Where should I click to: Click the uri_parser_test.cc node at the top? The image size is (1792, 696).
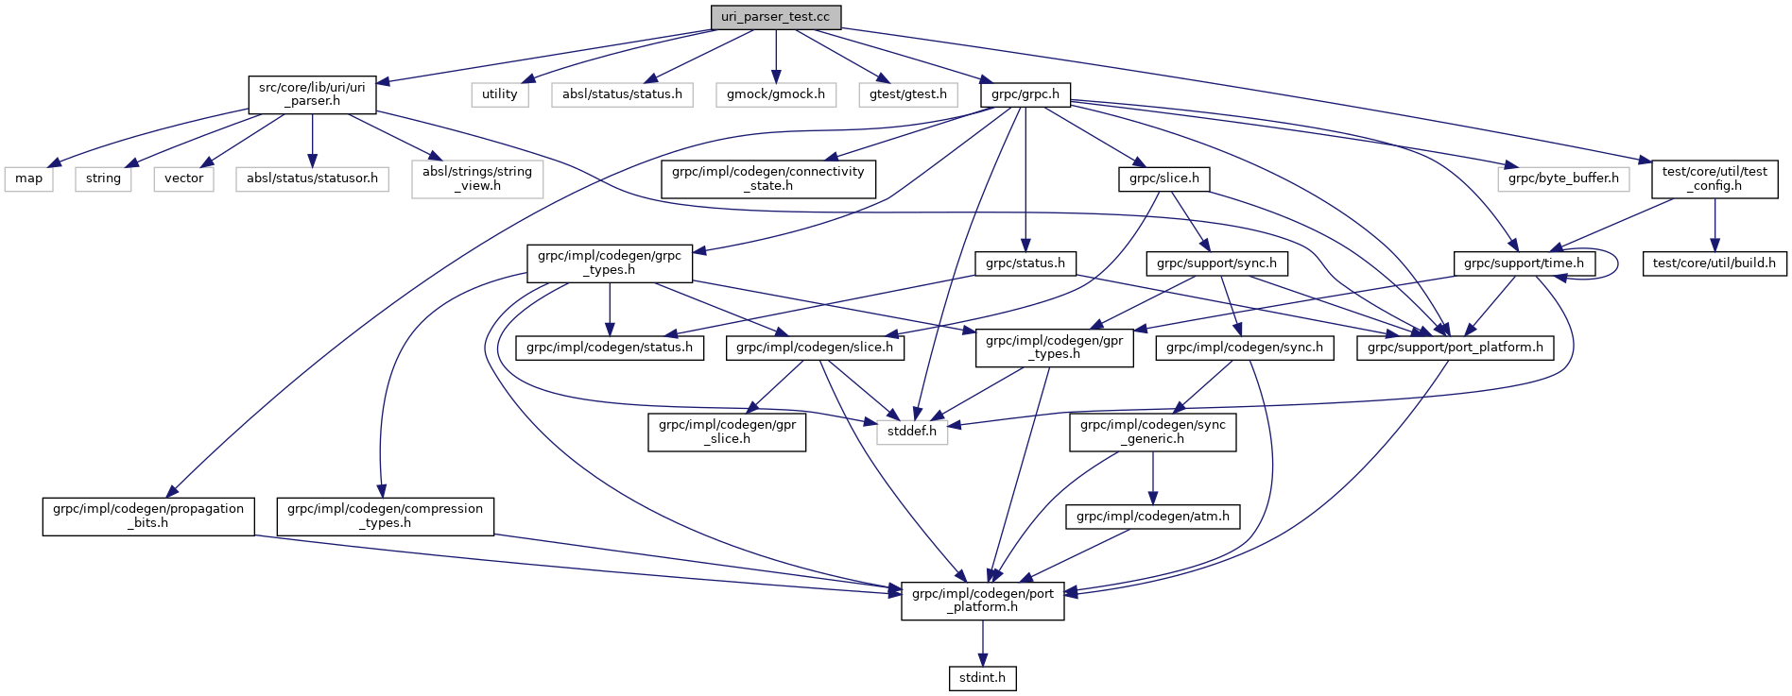click(775, 17)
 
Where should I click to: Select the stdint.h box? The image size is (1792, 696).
click(982, 677)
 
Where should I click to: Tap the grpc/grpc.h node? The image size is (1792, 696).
click(1025, 94)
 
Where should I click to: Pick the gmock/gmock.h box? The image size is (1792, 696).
click(775, 94)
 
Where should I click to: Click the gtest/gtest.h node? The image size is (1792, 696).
click(907, 94)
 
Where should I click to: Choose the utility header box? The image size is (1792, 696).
click(499, 94)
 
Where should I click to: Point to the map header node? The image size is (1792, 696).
click(28, 178)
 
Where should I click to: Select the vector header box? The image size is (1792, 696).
click(183, 178)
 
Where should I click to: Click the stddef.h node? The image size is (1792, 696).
click(912, 432)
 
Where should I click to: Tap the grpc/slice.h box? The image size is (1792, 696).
click(1163, 178)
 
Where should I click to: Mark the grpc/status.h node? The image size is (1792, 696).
click(1025, 263)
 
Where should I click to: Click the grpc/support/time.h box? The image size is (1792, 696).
click(1524, 263)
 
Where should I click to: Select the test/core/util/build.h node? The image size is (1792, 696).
click(1714, 263)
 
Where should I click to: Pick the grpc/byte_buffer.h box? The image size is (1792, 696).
click(1563, 178)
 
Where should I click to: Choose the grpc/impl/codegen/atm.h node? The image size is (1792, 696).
click(1152, 517)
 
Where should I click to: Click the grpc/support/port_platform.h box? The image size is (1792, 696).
click(1455, 348)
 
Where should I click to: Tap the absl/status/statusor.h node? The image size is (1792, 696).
click(312, 178)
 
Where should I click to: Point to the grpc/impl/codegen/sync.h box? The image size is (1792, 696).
click(1244, 348)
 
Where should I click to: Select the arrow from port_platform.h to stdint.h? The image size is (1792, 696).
click(982, 643)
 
